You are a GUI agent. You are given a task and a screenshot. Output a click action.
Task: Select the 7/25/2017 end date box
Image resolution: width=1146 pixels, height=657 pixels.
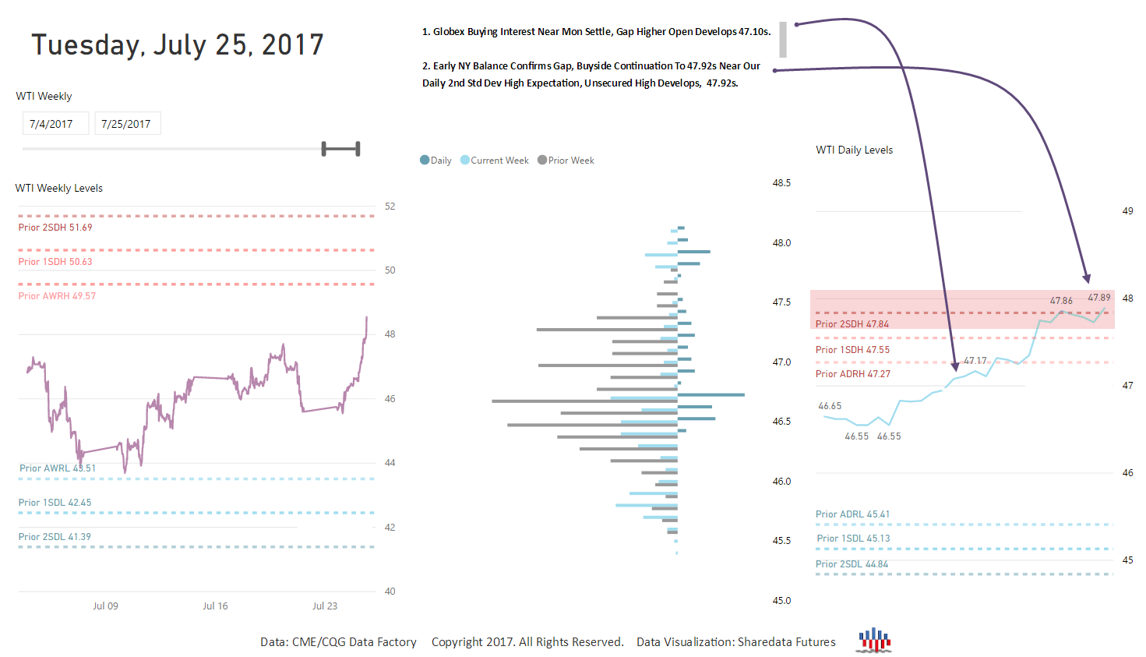pyautogui.click(x=126, y=124)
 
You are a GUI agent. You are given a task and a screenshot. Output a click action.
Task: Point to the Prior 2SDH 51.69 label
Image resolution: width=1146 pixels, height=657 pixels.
pyautogui.click(x=55, y=228)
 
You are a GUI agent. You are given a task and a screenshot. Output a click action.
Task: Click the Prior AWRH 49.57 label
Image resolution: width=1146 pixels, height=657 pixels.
pyautogui.click(x=57, y=296)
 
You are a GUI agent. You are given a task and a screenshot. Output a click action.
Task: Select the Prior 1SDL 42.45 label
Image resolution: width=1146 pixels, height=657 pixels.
pyautogui.click(x=55, y=503)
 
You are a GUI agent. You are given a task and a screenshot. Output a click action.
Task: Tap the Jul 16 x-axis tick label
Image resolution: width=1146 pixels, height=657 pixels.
pyautogui.click(x=215, y=606)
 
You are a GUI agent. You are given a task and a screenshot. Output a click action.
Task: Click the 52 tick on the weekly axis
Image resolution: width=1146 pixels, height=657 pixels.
pyautogui.click(x=390, y=207)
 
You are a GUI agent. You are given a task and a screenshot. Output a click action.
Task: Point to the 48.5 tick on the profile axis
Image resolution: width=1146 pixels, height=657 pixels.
pyautogui.click(x=781, y=183)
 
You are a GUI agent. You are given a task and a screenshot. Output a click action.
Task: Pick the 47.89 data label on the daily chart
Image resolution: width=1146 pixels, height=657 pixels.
pyautogui.click(x=1099, y=298)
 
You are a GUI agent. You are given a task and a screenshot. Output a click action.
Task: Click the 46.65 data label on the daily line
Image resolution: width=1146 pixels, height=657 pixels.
pyautogui.click(x=830, y=406)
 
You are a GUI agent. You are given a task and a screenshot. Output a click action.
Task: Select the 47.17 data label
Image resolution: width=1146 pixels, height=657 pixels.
pyautogui.click(x=975, y=361)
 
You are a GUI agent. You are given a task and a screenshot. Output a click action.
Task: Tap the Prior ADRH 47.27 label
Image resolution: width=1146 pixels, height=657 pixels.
pyautogui.click(x=852, y=374)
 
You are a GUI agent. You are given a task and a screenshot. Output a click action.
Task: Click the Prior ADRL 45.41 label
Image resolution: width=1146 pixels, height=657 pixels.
pyautogui.click(x=852, y=514)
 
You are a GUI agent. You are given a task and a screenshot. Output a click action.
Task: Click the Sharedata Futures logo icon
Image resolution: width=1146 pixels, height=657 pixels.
pyautogui.click(x=874, y=640)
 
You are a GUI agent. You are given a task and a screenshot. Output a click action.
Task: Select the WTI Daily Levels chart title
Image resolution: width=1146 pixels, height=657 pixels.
pyautogui.click(x=854, y=150)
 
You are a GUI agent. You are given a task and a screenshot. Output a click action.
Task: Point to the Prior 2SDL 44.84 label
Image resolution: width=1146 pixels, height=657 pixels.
pyautogui.click(x=852, y=564)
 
